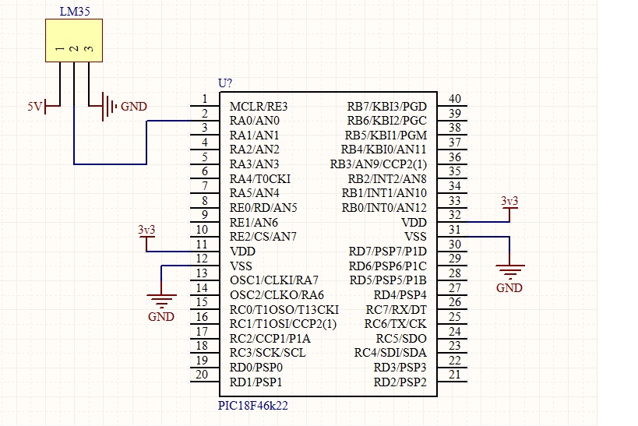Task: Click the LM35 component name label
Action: pos(75,12)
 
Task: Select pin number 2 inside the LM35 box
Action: pos(74,49)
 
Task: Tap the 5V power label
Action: pos(35,107)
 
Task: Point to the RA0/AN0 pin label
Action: pos(254,121)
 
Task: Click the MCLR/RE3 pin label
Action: pos(259,107)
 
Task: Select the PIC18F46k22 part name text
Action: pos(252,406)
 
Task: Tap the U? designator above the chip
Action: pos(225,83)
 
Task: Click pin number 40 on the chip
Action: pos(455,99)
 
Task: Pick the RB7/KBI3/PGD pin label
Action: pos(386,107)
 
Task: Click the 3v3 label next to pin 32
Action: pos(509,201)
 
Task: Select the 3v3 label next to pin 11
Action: pos(146,231)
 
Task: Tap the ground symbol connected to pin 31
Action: pos(509,269)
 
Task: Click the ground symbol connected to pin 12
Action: pos(161,299)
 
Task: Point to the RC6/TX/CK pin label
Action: pos(395,324)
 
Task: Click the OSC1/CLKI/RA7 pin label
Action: pos(274,280)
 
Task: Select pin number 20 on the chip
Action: pos(202,375)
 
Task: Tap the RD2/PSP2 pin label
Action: pos(400,382)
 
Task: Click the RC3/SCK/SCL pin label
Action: pos(267,353)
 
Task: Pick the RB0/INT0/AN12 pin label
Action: pos(384,208)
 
